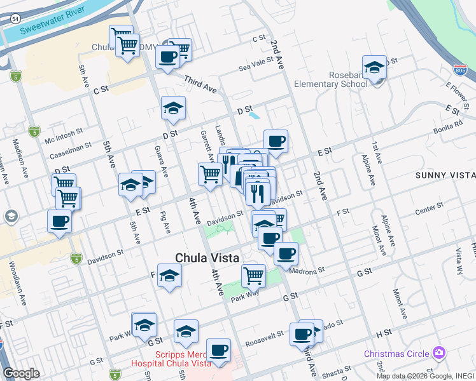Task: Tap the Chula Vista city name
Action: (x=207, y=258)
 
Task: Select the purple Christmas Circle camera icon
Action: (x=438, y=352)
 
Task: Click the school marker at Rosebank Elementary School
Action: (x=375, y=68)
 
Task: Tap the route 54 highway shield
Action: (x=15, y=19)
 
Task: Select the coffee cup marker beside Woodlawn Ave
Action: (x=60, y=222)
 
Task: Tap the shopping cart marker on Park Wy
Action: (x=253, y=276)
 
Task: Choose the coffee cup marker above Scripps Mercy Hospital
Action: (x=218, y=351)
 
